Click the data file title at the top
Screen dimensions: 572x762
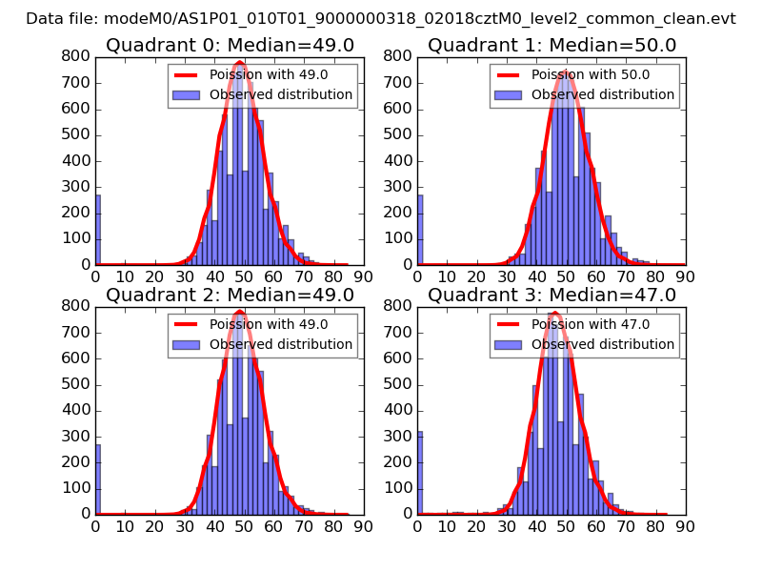(x=380, y=18)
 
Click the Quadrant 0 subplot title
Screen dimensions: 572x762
(x=230, y=45)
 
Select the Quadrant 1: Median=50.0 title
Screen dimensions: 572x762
(x=551, y=45)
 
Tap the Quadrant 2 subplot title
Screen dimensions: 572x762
(x=230, y=295)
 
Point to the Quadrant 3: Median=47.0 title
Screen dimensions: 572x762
(x=551, y=295)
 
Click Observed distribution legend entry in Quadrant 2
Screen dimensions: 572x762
(x=281, y=344)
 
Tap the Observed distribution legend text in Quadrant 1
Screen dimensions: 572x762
(x=603, y=94)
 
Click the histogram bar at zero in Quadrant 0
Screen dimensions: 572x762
(x=97, y=230)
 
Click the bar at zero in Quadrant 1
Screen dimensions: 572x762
(x=420, y=230)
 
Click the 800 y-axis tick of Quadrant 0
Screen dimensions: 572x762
(x=78, y=56)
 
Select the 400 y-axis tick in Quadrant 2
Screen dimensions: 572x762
(x=78, y=410)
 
